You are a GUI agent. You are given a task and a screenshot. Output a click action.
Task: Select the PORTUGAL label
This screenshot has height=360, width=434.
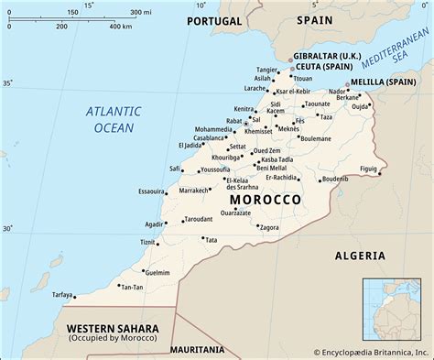pos(214,20)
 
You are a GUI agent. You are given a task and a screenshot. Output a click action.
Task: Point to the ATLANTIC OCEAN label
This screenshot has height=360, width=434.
pos(113,120)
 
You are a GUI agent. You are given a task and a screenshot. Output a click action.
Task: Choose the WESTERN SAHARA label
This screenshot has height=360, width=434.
pos(112,328)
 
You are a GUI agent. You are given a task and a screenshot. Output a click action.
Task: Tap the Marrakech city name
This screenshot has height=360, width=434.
pos(194,191)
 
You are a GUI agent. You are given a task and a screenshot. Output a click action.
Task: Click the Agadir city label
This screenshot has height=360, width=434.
pos(154,224)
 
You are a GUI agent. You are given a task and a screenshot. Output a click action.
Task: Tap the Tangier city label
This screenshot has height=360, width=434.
pos(266,69)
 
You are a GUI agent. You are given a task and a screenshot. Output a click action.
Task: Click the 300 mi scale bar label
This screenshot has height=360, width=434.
pos(140,11)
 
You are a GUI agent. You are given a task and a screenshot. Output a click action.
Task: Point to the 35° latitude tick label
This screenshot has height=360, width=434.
pos(8,83)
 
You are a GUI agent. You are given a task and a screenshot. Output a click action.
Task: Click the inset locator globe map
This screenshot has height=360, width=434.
pos(395,309)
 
